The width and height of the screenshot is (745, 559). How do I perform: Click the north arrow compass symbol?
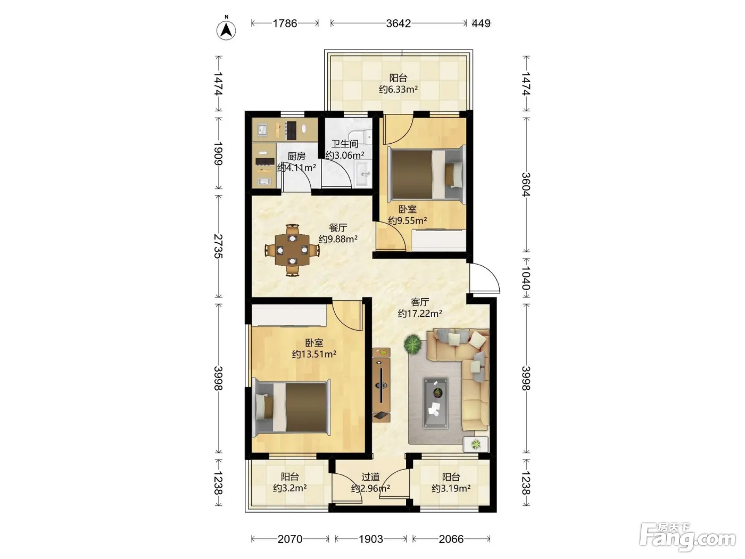pos(226,30)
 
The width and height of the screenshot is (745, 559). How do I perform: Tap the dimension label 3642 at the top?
pos(399,23)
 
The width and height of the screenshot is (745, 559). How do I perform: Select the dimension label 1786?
pos(285,23)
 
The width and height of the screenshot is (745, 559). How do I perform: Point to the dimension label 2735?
pos(218,246)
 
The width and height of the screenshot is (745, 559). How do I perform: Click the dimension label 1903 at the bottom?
pos(370,539)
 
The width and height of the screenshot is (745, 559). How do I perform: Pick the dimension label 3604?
pos(526,184)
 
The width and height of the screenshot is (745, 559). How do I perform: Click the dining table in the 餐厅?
pos(292,250)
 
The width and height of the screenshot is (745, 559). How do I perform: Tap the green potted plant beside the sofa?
pos(412,344)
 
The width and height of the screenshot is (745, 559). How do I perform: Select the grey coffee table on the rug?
pos(435,402)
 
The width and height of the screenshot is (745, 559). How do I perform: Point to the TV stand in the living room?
pos(381,385)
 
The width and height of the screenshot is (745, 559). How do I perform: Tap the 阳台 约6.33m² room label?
pos(398,84)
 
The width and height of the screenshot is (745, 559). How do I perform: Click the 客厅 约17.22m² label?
pos(420,308)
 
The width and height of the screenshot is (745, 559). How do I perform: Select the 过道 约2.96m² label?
pos(370,483)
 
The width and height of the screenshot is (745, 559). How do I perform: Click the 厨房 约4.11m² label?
pos(296,162)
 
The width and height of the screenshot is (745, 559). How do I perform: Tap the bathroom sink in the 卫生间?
pos(363,173)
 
